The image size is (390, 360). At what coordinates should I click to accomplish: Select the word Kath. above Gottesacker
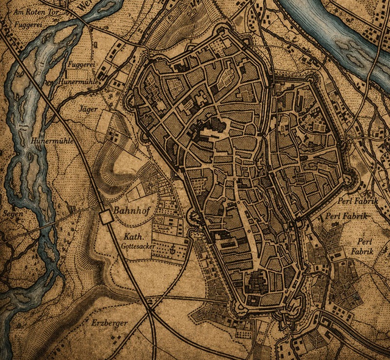[x=133, y=237]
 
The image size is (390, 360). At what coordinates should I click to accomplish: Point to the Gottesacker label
[x=139, y=247]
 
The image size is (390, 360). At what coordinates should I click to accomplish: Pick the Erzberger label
[x=109, y=323]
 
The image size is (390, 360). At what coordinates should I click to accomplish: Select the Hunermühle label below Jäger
[x=52, y=141]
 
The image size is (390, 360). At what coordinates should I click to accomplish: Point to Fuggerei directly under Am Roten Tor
[x=26, y=23]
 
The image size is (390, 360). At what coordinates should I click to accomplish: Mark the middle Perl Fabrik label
[x=346, y=216]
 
